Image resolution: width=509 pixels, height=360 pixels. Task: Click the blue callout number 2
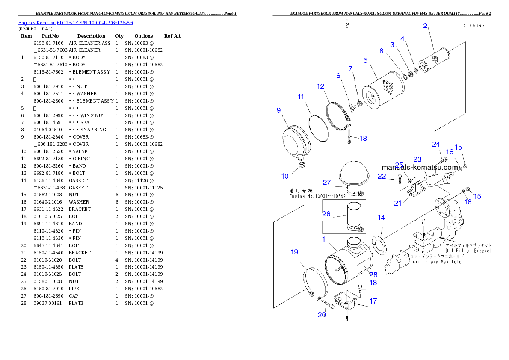click(x=425, y=26)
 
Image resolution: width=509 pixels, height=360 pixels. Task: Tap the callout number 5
click(x=365, y=60)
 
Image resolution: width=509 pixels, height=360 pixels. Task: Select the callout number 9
click(x=278, y=110)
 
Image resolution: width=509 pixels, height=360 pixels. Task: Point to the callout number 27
click(x=327, y=182)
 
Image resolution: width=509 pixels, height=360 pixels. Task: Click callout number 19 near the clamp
click(x=294, y=252)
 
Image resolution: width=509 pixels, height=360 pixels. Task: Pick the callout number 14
click(x=381, y=218)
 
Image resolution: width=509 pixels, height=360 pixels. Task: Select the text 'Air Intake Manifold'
click(x=436, y=262)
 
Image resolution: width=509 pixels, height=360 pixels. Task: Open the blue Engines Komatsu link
click(x=75, y=23)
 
